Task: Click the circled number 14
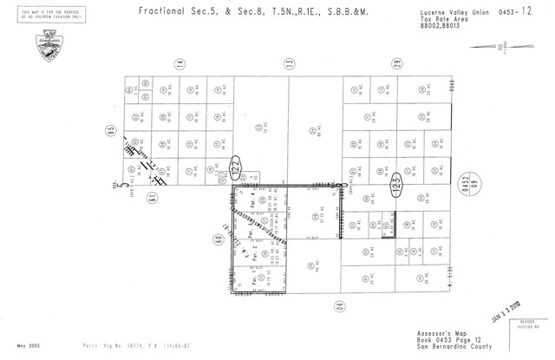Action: [x=180, y=63]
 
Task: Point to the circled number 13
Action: [x=289, y=63]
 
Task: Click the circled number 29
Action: [x=396, y=63]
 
